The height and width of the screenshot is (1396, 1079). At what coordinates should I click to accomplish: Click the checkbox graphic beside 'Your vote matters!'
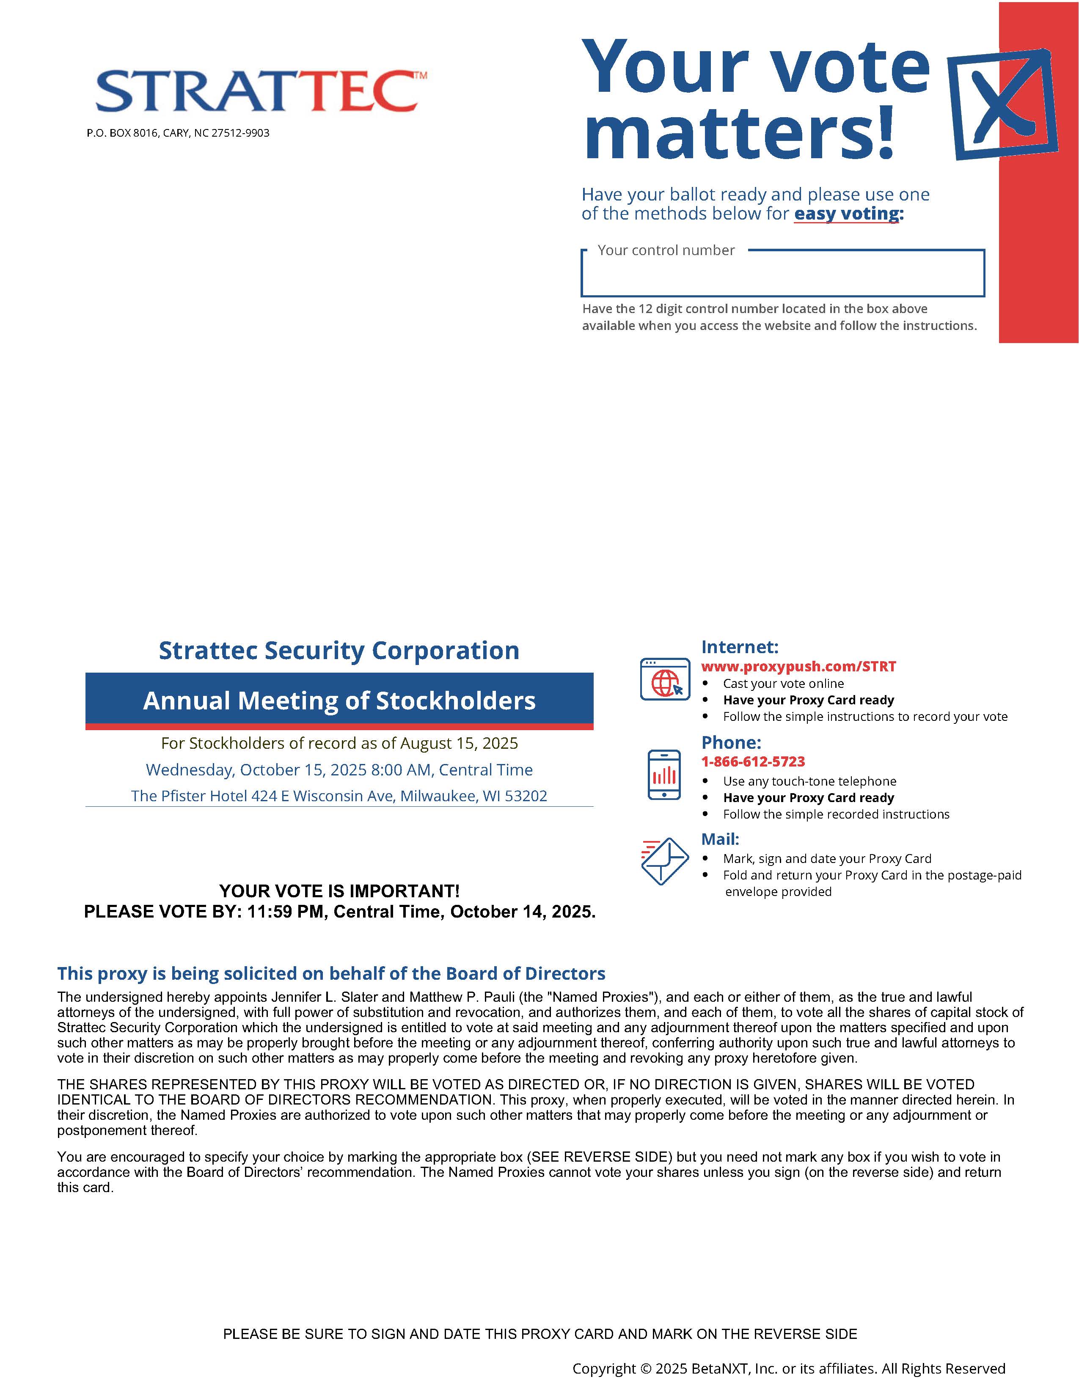(x=1002, y=104)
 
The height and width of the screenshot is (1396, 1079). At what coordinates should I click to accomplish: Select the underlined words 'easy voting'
(x=846, y=214)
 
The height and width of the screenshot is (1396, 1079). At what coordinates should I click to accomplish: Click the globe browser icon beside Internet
(x=665, y=679)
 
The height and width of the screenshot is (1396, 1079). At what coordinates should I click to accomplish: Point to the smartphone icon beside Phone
(x=664, y=775)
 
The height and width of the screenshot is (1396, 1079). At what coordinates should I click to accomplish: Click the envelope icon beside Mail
(x=664, y=860)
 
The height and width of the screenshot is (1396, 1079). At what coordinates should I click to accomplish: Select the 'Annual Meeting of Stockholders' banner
(x=339, y=701)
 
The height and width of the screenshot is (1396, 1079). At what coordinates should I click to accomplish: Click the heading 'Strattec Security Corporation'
(x=339, y=651)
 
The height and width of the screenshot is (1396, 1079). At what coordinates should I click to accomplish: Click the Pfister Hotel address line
(x=339, y=796)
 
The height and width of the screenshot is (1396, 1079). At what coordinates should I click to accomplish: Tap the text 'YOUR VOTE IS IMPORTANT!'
(x=339, y=891)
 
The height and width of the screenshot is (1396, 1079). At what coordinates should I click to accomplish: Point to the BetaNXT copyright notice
(x=788, y=1369)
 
